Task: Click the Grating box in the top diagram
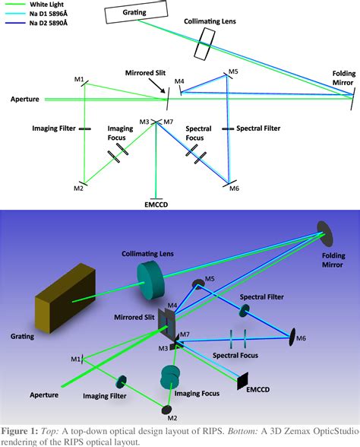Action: click(128, 13)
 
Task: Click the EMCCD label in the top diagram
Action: click(157, 204)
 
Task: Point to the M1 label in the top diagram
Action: click(79, 80)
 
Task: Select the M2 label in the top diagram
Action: click(78, 187)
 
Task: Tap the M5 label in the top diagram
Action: click(233, 72)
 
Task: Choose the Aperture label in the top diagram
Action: click(26, 99)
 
